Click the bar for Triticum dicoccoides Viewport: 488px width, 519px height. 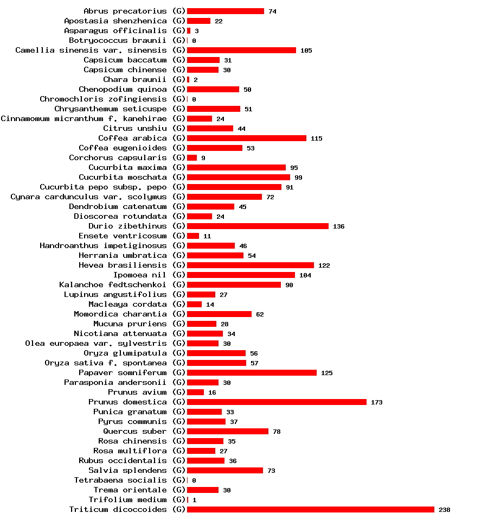(x=310, y=509)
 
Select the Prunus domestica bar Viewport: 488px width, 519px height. (x=277, y=402)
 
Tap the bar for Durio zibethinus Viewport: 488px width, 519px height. (x=258, y=226)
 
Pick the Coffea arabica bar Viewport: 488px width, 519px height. (x=247, y=138)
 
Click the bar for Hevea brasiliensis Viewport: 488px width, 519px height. (x=251, y=265)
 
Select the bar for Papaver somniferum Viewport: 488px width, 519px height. (x=252, y=372)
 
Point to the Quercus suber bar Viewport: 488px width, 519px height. (x=228, y=431)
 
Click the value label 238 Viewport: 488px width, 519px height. (x=444, y=510)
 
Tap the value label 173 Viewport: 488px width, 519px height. (x=376, y=402)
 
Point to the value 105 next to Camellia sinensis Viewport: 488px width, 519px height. (x=306, y=50)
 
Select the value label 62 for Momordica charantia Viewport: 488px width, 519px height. (x=260, y=314)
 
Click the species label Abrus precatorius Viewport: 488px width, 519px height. (x=125, y=11)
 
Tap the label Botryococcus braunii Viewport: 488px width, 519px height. (x=118, y=40)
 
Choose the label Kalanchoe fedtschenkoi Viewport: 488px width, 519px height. (x=113, y=284)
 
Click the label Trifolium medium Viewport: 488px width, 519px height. (x=127, y=499)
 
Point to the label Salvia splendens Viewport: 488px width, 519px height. (x=127, y=470)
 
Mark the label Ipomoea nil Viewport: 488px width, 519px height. (x=140, y=275)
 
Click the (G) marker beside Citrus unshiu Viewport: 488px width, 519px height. (x=179, y=128)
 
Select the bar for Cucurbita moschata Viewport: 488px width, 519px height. (x=239, y=177)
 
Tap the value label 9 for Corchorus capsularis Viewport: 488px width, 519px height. (x=203, y=158)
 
